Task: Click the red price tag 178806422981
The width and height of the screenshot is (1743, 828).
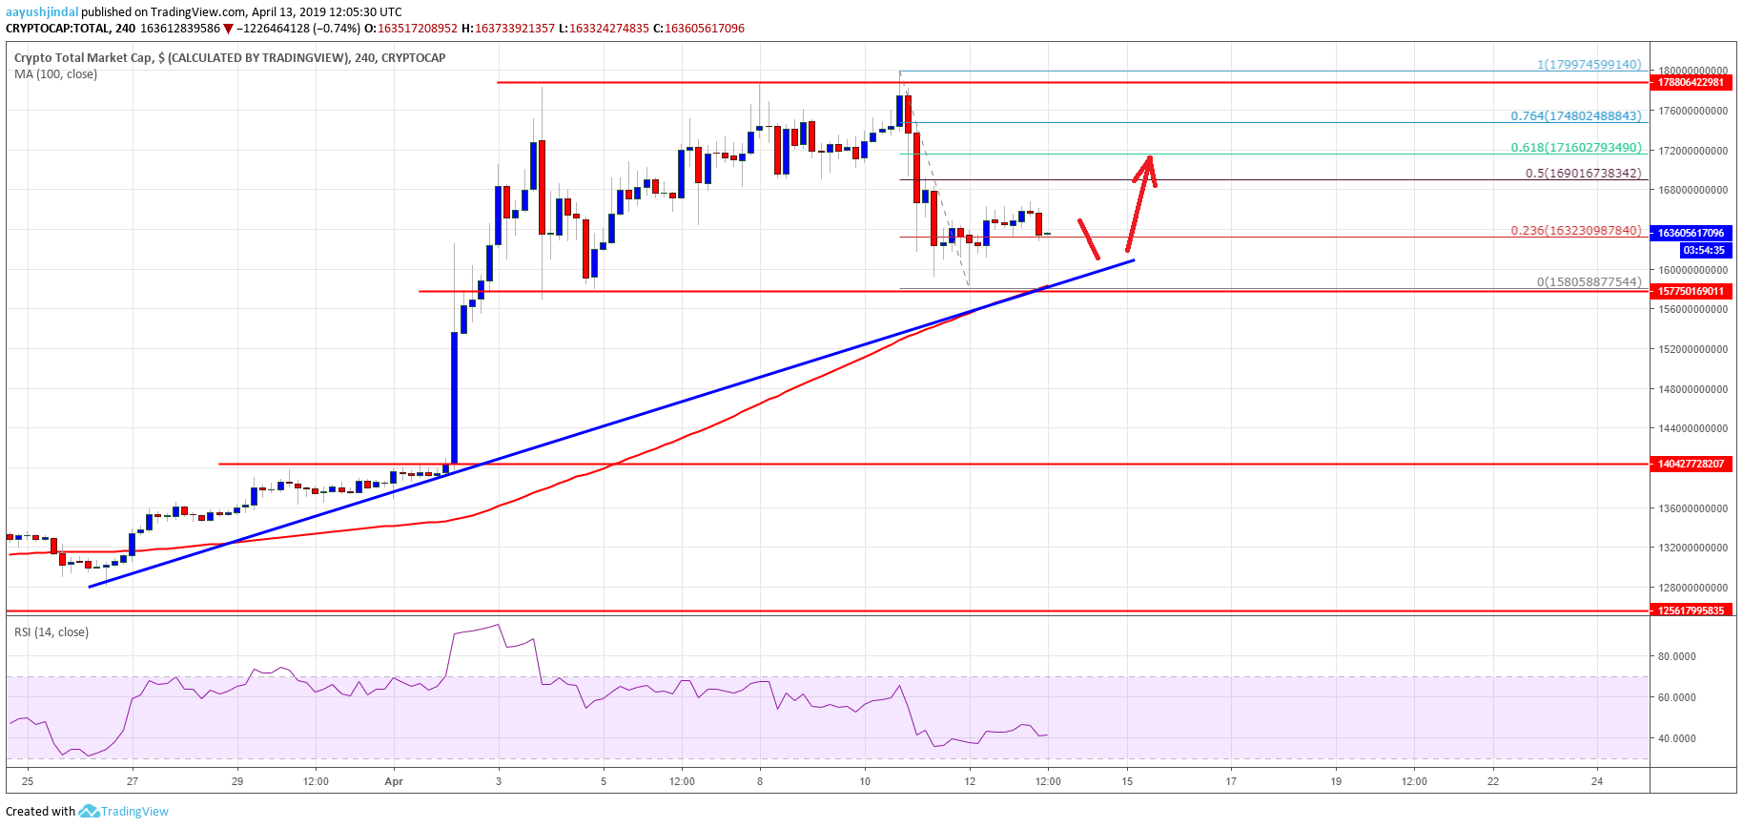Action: (1692, 82)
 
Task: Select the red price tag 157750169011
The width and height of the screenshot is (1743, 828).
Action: (1692, 291)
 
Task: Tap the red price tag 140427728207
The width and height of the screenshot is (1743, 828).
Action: (1692, 464)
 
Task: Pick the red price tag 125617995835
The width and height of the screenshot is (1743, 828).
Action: (1692, 611)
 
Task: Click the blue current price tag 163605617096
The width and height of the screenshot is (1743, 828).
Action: (1692, 233)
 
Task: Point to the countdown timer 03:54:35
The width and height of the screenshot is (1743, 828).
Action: (1703, 250)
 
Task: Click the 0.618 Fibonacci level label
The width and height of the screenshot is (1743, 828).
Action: (1575, 148)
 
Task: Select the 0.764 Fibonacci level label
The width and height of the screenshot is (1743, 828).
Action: (1575, 116)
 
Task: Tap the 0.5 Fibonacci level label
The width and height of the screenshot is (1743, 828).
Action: (1583, 174)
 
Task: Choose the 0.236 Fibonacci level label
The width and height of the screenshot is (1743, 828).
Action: (1575, 231)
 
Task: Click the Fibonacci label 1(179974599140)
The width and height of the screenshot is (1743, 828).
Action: (1589, 65)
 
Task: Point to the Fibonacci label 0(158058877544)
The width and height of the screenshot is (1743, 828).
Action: (1589, 282)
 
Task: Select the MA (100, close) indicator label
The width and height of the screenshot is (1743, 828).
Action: (55, 74)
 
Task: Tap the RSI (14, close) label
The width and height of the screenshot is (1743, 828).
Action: (51, 632)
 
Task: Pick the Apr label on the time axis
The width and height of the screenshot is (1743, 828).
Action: (394, 782)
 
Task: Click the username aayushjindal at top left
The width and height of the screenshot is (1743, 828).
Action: (42, 12)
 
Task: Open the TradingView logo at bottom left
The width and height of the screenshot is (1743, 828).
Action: (124, 812)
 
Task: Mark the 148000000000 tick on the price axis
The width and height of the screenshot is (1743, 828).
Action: (1692, 389)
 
